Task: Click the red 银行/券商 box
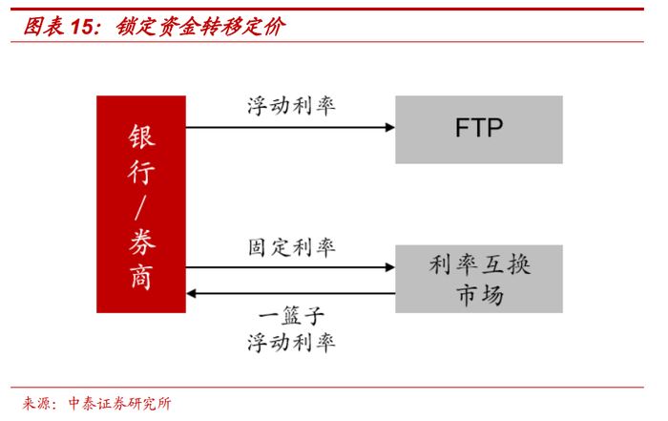point(141,204)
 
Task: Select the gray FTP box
point(478,128)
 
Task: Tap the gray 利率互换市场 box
point(478,278)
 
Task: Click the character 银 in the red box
point(141,136)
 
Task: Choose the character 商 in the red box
point(141,276)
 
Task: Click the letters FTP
point(478,128)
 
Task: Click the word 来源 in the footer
point(37,403)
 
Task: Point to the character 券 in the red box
point(141,242)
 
